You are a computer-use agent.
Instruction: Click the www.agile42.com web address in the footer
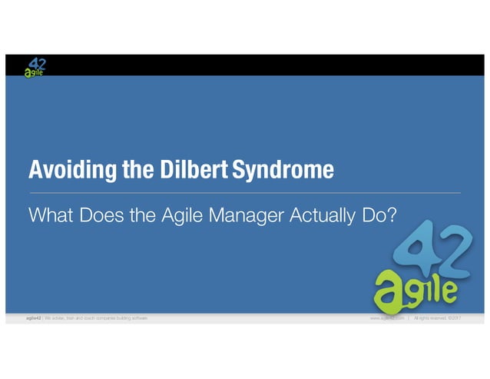386,317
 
